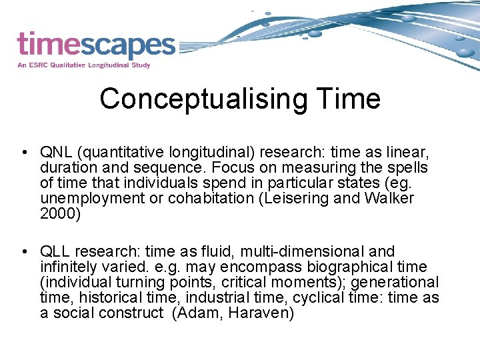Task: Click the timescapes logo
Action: click(x=96, y=45)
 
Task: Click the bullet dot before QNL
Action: click(x=23, y=153)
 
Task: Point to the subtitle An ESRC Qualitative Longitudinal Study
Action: click(x=84, y=65)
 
